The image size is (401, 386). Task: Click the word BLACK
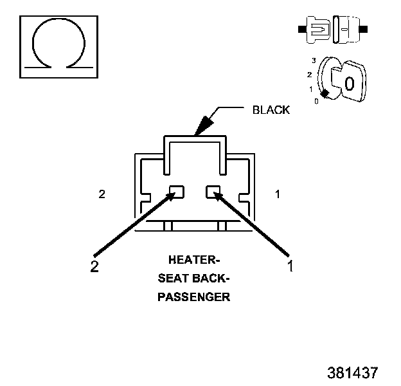click(271, 110)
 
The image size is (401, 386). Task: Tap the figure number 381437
click(353, 372)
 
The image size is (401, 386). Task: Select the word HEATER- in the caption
click(194, 260)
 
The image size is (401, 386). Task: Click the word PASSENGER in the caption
click(194, 297)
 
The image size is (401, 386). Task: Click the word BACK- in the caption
click(211, 278)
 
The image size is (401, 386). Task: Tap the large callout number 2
click(94, 266)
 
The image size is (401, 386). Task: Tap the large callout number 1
click(290, 266)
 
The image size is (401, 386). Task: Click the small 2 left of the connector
click(102, 194)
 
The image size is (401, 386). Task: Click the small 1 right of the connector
click(278, 194)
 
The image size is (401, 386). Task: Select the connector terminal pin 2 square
click(177, 192)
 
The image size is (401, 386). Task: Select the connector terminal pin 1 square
click(213, 192)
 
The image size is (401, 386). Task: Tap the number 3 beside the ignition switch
click(314, 60)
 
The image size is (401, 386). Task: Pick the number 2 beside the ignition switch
click(310, 75)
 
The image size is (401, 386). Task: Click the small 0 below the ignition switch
click(316, 102)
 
